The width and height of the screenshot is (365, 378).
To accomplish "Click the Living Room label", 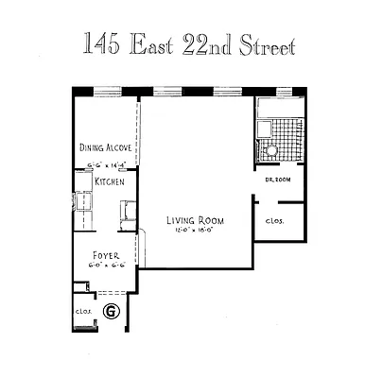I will click(189, 217).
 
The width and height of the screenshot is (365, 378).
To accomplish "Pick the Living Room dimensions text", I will click(189, 228).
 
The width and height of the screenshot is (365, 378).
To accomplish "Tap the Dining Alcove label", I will click(105, 147).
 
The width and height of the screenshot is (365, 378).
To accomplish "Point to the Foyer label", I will click(105, 255).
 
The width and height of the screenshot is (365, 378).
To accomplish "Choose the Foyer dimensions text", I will click(105, 266).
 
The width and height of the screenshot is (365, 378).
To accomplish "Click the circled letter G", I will click(111, 310).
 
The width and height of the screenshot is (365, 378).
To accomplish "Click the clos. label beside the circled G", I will click(81, 310).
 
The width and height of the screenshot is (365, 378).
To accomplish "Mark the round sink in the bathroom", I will click(270, 150).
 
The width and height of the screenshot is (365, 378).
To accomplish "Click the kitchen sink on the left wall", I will click(81, 201).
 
